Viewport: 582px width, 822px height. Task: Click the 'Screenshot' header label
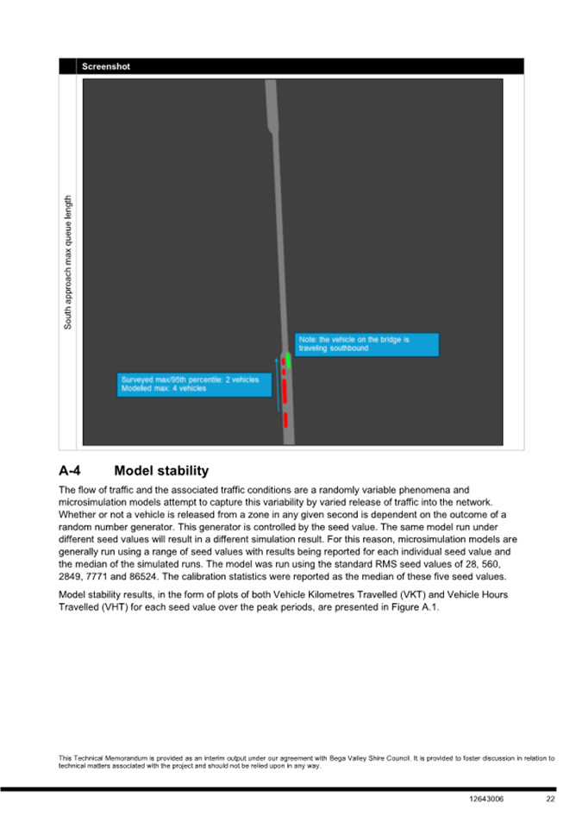(106, 66)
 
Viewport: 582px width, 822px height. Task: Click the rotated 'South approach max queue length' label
(68, 261)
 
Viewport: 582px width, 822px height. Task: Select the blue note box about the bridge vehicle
(366, 344)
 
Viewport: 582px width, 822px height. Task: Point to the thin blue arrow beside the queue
(278, 380)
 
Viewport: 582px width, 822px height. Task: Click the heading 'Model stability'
(161, 471)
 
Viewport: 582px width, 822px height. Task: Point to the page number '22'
(550, 799)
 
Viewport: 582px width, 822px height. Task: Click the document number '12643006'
(488, 799)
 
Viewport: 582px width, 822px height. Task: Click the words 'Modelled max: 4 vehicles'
(164, 389)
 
